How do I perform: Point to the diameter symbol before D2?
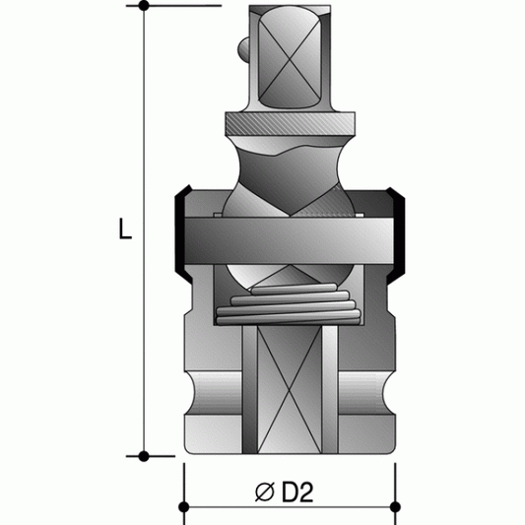point(265,491)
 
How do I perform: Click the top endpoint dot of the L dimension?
point(144,7)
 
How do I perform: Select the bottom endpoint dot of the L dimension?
point(144,456)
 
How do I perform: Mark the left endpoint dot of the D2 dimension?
point(184,509)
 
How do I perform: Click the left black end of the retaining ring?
point(180,230)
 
